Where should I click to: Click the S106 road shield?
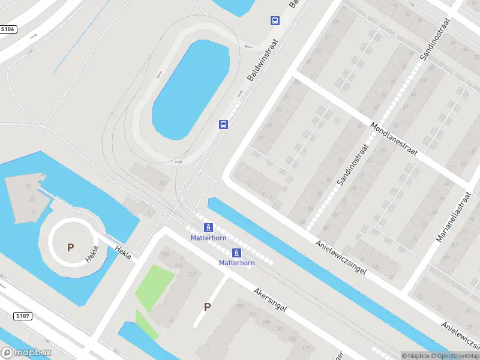[7, 29]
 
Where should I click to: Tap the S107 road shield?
[22, 316]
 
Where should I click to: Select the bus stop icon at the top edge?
[275, 21]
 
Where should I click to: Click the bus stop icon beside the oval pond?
[223, 124]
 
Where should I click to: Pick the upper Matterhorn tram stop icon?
[208, 227]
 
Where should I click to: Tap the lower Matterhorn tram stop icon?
[236, 253]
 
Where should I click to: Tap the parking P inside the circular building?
[70, 247]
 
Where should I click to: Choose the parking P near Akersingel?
[207, 307]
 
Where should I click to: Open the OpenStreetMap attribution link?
[455, 356]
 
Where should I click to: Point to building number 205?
[165, 254]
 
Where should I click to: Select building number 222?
[191, 274]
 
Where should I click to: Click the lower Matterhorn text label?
[236, 263]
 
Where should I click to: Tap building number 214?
[178, 265]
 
